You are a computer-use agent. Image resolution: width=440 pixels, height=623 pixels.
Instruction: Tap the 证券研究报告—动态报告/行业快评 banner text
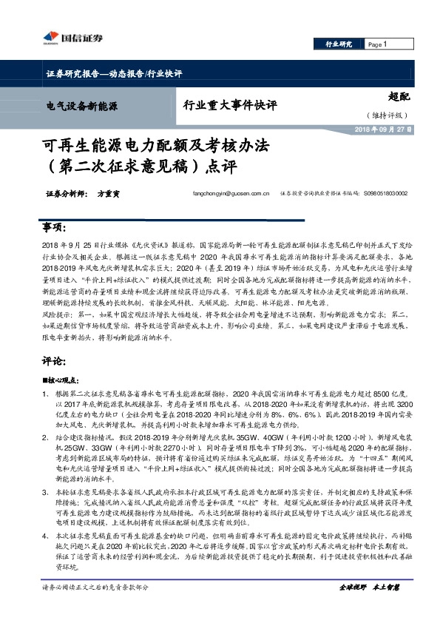coord(109,74)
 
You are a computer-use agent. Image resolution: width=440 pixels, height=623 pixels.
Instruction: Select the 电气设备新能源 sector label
coord(82,107)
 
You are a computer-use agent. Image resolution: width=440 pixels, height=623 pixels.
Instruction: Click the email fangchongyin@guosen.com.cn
coord(230,194)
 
